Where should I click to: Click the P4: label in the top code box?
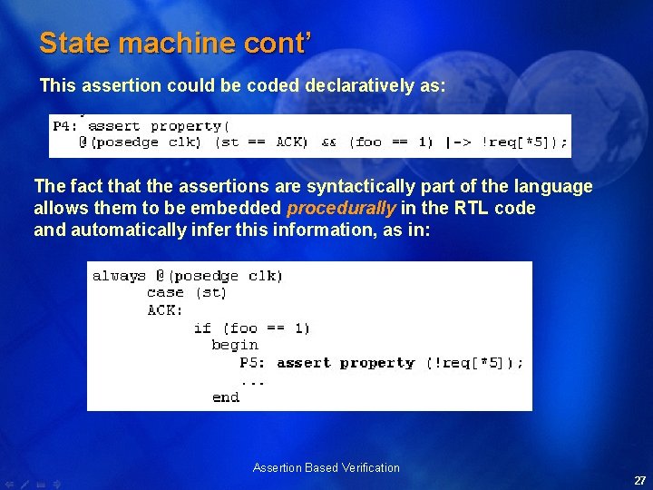point(66,126)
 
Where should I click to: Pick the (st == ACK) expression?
point(261,142)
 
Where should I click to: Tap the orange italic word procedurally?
point(341,209)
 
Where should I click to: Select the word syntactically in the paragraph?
point(355,187)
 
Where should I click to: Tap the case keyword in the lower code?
point(164,292)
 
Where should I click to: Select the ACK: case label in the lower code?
point(165,310)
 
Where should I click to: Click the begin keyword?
point(235,345)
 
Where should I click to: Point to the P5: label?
point(254,363)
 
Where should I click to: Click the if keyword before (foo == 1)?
point(202,328)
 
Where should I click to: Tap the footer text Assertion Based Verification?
point(326,468)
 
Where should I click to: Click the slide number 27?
point(639,481)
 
